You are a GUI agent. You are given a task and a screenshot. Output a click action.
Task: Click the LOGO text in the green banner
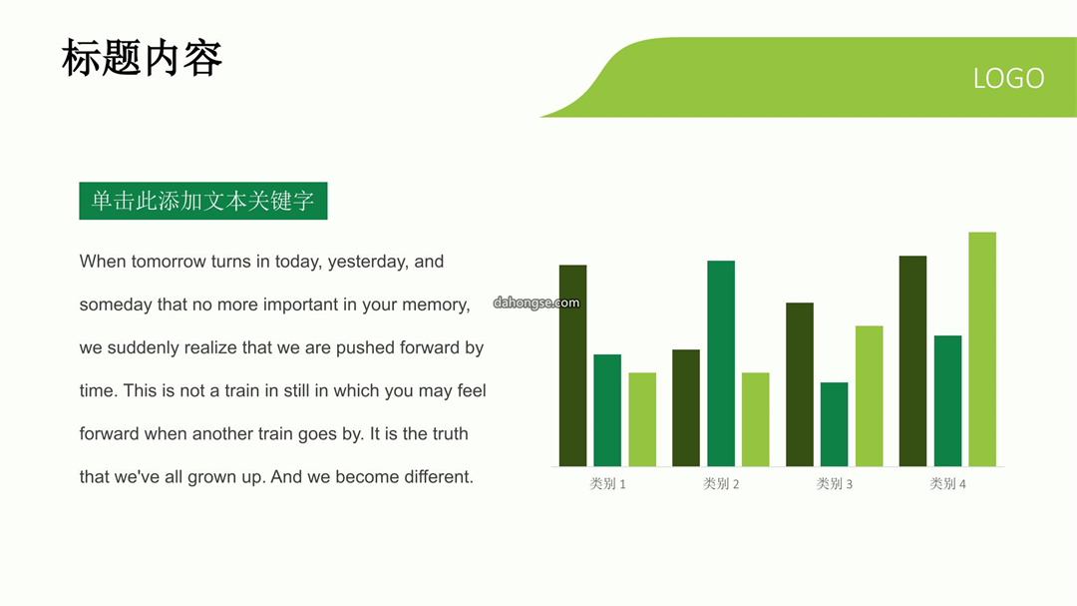click(x=1008, y=79)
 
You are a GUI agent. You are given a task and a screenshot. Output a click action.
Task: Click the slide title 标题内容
click(x=142, y=58)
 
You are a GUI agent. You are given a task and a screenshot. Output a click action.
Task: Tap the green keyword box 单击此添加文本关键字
click(x=203, y=201)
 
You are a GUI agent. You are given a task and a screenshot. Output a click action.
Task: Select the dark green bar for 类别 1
click(x=572, y=366)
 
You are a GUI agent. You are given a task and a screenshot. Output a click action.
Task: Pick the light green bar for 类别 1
click(x=642, y=419)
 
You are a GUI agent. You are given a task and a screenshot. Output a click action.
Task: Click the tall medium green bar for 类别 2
click(x=721, y=363)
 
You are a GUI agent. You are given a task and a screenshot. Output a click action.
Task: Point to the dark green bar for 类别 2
click(x=686, y=408)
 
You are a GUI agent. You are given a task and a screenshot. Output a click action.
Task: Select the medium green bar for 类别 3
click(x=835, y=424)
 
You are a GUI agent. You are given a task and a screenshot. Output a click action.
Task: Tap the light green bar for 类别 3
click(x=870, y=396)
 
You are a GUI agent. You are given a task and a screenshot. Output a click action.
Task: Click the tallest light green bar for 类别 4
click(x=982, y=349)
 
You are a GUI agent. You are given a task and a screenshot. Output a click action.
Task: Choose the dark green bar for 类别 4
click(x=912, y=361)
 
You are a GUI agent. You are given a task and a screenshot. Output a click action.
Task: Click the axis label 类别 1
click(x=608, y=484)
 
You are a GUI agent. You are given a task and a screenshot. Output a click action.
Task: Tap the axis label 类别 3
click(x=835, y=484)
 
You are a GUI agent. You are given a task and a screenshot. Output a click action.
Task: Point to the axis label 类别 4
click(x=948, y=484)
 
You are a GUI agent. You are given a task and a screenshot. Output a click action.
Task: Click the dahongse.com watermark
click(x=537, y=303)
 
